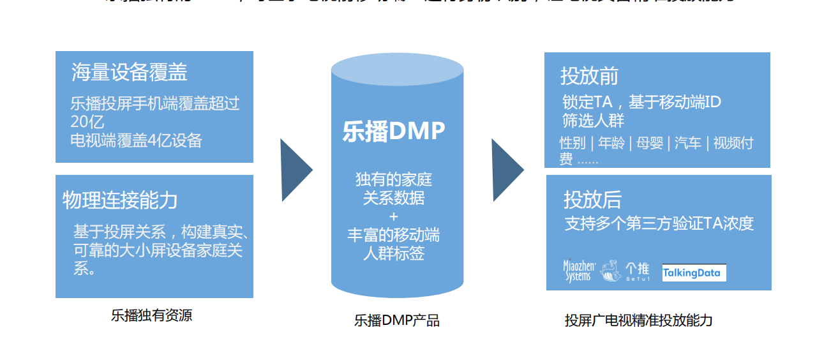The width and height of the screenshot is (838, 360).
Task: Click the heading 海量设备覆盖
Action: pos(130,73)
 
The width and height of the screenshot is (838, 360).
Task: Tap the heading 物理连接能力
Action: pos(120,200)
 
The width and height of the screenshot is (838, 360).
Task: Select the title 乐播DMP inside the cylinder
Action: pos(394,131)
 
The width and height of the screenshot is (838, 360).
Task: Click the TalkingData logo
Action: pos(694,273)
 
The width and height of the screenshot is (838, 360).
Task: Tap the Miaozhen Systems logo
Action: pos(578,271)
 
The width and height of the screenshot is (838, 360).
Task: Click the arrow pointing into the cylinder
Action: pos(297,170)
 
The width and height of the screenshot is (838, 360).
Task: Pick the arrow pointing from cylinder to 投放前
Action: pos(507,170)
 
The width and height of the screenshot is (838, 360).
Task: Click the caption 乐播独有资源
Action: pos(151,315)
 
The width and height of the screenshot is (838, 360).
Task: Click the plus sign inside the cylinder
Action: pos(394,216)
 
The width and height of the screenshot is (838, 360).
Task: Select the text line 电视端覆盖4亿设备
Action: pos(137,140)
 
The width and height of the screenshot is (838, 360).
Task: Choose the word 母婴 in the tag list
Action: pos(650,143)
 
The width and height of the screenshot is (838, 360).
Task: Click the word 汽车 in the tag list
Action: pos(688,143)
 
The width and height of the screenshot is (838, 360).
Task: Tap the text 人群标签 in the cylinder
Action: pos(394,253)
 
